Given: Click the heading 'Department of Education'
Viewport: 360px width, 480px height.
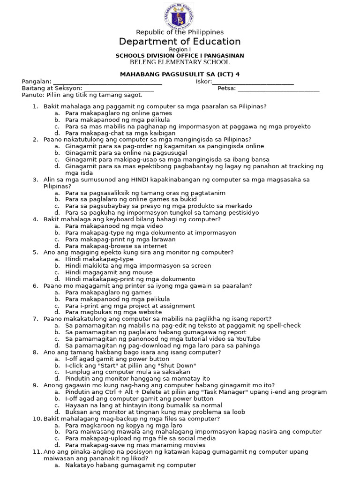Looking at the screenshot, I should [180, 41].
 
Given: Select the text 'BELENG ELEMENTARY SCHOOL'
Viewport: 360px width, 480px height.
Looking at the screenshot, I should [180, 62].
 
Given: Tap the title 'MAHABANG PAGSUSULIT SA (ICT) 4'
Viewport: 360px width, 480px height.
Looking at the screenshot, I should [180, 75].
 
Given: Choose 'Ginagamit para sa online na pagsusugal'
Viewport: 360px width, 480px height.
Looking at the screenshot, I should [126, 153].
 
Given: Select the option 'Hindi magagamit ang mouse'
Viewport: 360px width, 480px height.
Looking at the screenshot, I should [109, 272].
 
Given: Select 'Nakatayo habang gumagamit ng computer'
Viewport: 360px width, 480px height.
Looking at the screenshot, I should [130, 465].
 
